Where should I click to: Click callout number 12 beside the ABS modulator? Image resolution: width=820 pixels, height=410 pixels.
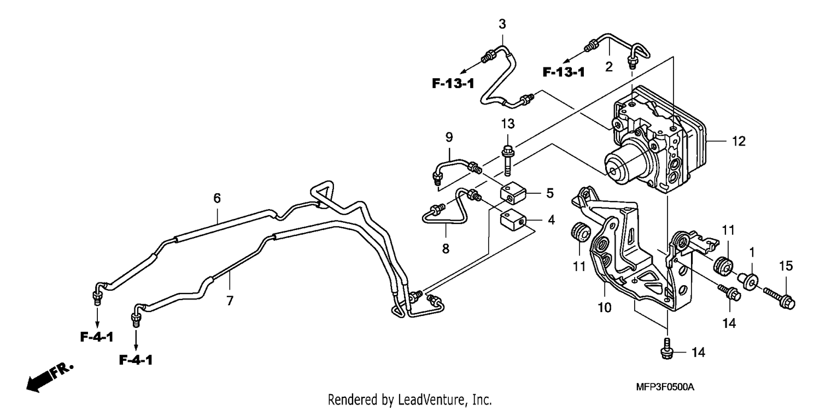tap(739, 141)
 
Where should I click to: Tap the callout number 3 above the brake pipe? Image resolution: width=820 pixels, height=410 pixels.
tap(502, 24)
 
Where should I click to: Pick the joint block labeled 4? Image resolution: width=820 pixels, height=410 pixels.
tap(513, 221)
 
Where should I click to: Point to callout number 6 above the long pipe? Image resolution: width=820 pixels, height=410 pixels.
tap(217, 198)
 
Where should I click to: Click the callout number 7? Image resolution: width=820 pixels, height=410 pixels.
tap(230, 301)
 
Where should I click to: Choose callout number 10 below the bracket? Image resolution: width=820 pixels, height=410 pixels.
tap(605, 308)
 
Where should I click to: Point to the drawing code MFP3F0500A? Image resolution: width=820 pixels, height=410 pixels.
tap(665, 387)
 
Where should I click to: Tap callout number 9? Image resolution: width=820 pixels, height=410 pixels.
tap(449, 137)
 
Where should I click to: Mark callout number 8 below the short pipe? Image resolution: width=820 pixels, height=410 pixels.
tap(446, 249)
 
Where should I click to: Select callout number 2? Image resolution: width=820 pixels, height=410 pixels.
tap(609, 67)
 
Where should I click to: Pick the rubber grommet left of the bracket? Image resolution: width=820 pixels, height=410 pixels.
tap(581, 232)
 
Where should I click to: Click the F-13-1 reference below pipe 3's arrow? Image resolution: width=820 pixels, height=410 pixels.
tap(453, 84)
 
